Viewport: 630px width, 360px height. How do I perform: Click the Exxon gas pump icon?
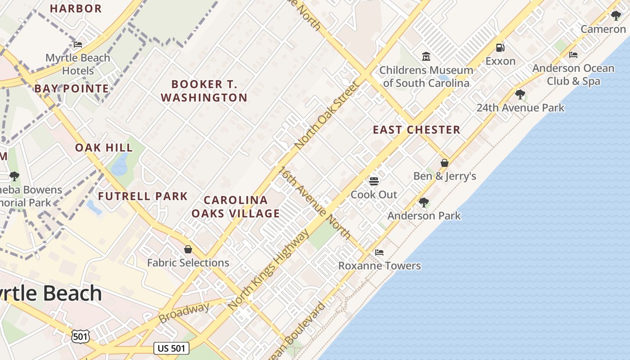[500, 48]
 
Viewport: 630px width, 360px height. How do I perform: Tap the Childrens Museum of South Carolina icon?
[426, 57]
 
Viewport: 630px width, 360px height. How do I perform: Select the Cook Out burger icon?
[374, 181]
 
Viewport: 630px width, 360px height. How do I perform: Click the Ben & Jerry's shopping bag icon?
[445, 163]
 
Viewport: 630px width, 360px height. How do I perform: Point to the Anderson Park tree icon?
[424, 202]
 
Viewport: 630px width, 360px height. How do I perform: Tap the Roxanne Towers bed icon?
[379, 252]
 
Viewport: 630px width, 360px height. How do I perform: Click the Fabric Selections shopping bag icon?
[188, 249]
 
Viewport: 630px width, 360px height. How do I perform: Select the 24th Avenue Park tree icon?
[520, 94]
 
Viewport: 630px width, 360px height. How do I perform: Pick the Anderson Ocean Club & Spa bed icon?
[573, 55]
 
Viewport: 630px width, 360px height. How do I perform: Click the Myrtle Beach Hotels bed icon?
[78, 45]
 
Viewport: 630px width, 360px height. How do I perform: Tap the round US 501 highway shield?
[80, 336]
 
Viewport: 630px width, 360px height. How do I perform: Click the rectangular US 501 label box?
[171, 348]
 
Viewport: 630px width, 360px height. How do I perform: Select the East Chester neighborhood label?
[416, 130]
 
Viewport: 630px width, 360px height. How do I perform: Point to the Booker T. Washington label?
[204, 91]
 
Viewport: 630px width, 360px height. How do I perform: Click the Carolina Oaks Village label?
[235, 207]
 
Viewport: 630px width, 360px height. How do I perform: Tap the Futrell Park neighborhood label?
[143, 196]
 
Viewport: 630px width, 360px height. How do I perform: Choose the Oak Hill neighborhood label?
[104, 148]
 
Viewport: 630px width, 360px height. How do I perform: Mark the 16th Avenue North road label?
[315, 202]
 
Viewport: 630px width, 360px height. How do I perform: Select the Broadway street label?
[184, 313]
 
